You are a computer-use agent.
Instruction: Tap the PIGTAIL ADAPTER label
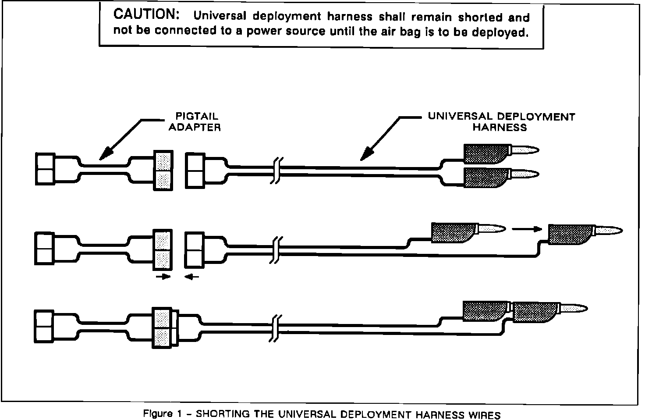tap(195, 122)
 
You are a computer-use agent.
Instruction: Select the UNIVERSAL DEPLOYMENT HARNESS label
tap(501, 122)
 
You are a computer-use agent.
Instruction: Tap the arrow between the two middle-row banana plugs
tap(525, 228)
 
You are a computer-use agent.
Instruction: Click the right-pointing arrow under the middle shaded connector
tap(163, 277)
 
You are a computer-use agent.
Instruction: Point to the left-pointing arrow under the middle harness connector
tap(191, 277)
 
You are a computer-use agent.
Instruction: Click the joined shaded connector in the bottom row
tap(163, 328)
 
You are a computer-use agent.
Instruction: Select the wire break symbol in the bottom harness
tap(275, 328)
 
